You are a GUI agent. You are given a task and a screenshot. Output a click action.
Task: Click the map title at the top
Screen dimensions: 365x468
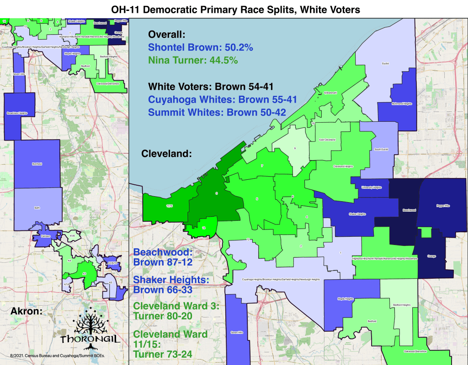(x=234, y=9)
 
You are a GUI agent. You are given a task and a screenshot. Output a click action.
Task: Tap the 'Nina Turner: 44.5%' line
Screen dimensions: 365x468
(x=193, y=60)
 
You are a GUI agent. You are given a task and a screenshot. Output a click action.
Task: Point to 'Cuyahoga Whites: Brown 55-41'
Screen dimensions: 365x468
(x=217, y=99)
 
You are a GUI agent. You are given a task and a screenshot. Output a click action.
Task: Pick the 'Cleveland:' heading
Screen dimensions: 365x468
(x=166, y=154)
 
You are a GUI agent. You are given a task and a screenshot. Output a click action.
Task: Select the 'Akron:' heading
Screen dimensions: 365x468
(x=27, y=312)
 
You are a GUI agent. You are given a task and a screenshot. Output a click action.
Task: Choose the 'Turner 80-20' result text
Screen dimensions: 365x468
(x=163, y=315)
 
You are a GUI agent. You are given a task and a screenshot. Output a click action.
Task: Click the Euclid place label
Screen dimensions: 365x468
(x=385, y=64)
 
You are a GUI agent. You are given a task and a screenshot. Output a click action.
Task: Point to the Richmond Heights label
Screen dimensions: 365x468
(x=402, y=104)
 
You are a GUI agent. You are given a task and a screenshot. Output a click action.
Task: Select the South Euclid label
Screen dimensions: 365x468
(x=381, y=149)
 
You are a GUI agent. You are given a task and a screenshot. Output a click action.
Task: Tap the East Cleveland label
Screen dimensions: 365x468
(x=328, y=139)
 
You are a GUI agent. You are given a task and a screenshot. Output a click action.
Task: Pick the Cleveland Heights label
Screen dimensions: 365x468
(x=343, y=166)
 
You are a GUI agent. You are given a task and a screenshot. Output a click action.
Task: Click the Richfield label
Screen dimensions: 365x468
(x=37, y=164)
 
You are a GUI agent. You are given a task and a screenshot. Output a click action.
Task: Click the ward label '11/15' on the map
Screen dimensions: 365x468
(x=169, y=206)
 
